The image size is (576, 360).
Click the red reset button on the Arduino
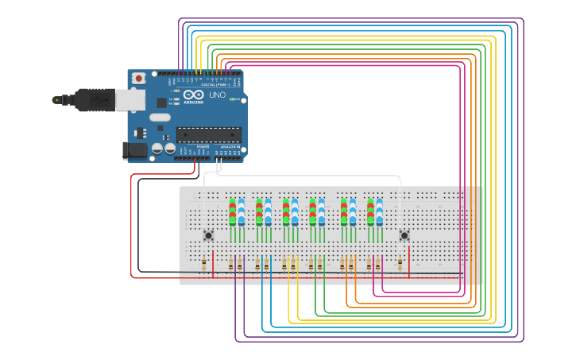(139, 78)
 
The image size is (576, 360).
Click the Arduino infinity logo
(193, 95)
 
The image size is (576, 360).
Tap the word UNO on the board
(217, 95)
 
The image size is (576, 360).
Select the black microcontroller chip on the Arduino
(208, 134)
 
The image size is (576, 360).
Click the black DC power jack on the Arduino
(136, 149)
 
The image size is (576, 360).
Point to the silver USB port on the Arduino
(130, 100)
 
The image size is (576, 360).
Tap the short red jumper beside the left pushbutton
(213, 263)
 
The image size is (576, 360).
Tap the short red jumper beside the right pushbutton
(408, 263)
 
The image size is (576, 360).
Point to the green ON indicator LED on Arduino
(232, 99)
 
